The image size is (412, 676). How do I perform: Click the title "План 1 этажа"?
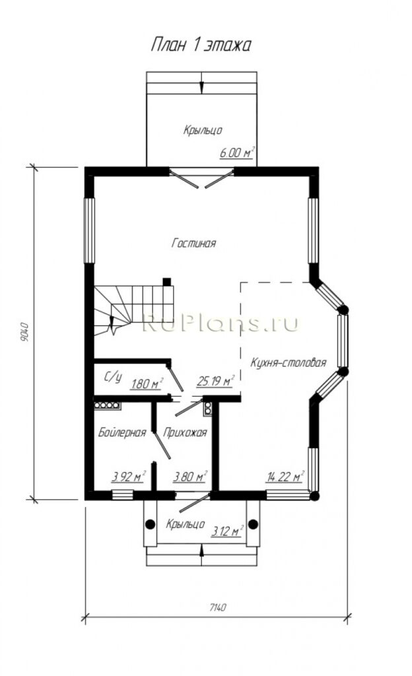201,45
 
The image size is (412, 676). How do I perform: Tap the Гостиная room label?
193,243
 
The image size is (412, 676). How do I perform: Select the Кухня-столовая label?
289,362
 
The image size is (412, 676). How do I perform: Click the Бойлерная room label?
122,432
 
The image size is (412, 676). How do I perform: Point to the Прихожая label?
185,432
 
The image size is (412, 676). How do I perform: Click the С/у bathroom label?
113,377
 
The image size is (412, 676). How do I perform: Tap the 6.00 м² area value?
237,152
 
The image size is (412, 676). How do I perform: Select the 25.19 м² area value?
215,381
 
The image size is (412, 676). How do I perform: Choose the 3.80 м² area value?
190,477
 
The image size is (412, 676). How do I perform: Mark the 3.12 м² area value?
227,531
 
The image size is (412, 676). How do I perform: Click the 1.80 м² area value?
147,384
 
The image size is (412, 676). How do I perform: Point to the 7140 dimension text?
218,607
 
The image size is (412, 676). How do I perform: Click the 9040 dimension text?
24,332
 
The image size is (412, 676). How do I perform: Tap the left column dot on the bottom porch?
150,524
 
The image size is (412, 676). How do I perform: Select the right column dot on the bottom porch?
253,524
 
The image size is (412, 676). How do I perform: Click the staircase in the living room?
133,307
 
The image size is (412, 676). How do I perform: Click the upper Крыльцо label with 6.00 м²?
203,130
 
